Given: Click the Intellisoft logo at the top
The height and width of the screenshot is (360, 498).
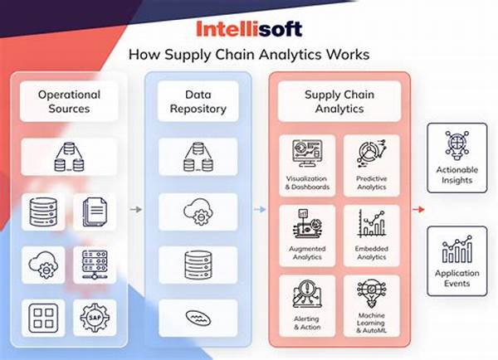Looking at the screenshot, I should (x=249, y=28).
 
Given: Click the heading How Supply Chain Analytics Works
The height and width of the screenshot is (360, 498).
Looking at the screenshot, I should (x=249, y=56).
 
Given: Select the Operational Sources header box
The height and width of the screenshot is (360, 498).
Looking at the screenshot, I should (x=70, y=101).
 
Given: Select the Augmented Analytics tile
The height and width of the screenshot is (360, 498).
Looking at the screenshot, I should (x=307, y=235).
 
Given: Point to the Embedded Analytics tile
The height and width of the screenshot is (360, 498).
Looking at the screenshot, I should (x=371, y=235).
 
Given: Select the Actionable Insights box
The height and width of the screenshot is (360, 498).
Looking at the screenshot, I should (x=456, y=158).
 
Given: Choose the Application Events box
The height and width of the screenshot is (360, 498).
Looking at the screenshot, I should (x=456, y=260).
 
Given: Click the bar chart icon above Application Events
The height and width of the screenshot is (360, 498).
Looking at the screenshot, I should (x=457, y=248).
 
